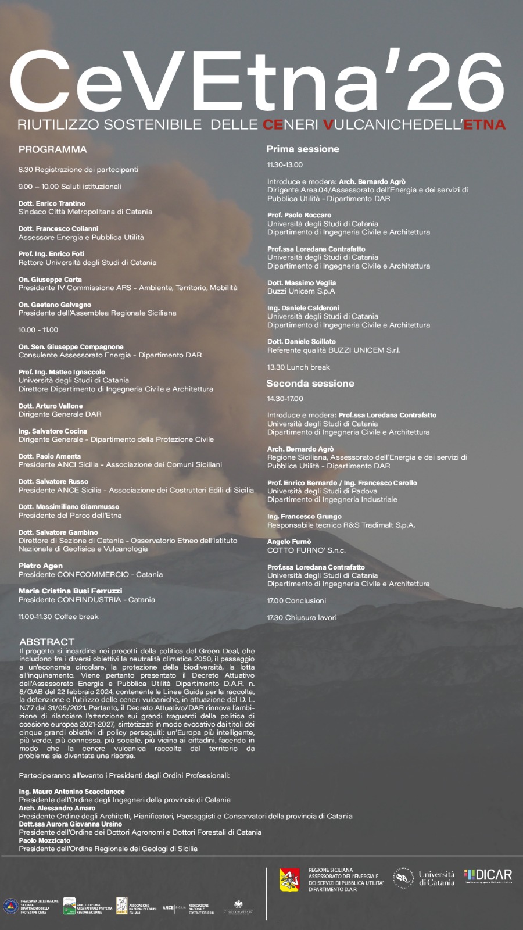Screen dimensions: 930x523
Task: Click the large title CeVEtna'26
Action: [256, 81]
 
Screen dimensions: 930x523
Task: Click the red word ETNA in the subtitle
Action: [484, 124]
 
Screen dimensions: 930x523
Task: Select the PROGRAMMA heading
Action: [52, 149]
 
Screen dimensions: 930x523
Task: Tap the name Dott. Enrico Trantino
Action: [52, 203]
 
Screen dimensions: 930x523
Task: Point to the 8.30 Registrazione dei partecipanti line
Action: [78, 170]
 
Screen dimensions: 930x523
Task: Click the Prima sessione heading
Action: [303, 149]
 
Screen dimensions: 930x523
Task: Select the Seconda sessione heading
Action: [310, 384]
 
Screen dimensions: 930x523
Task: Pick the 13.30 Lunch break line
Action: [298, 367]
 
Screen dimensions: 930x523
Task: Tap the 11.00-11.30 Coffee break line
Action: [58, 617]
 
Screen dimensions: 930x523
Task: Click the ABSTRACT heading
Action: [46, 642]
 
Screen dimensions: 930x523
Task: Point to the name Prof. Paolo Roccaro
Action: [299, 215]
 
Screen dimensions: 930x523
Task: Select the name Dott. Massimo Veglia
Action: [302, 283]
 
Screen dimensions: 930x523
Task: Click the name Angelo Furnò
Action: [289, 542]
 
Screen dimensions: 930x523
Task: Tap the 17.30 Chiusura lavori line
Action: [302, 617]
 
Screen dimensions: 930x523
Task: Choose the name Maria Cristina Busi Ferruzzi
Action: [70, 591]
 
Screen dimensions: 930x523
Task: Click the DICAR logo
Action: [488, 876]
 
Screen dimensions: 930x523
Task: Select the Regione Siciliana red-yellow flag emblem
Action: [290, 880]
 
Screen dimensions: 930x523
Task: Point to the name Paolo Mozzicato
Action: [44, 840]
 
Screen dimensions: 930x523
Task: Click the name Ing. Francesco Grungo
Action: [304, 516]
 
